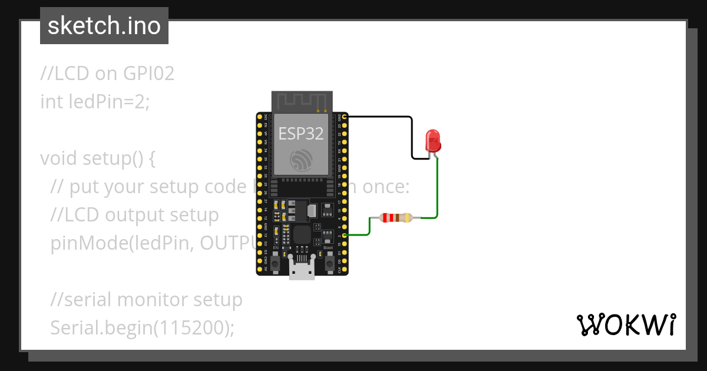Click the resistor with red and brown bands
click(x=397, y=218)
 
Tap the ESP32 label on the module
click(x=301, y=134)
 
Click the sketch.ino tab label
click(x=104, y=26)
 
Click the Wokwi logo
click(x=626, y=324)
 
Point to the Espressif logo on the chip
click(x=301, y=160)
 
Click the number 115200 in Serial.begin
click(x=189, y=327)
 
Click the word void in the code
click(x=59, y=158)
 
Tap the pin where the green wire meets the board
click(x=345, y=236)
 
